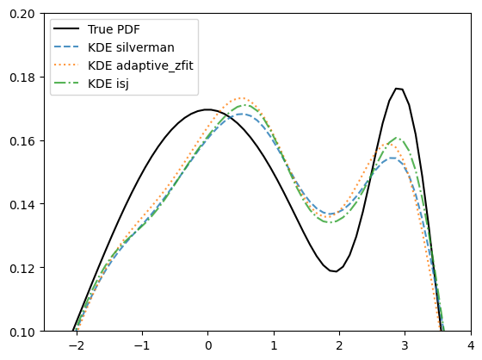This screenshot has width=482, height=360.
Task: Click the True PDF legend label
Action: click(114, 29)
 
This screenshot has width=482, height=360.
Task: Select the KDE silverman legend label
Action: click(131, 47)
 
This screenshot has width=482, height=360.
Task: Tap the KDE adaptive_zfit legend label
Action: click(140, 65)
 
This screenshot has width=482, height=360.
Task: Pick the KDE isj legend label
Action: click(108, 84)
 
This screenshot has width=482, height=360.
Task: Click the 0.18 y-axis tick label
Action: click(22, 78)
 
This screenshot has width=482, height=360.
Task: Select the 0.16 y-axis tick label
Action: click(22, 141)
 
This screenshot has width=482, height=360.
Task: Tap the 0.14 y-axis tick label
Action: click(22, 204)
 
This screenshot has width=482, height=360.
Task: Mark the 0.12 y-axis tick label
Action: click(22, 268)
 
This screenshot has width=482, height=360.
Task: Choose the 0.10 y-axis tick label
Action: click(22, 332)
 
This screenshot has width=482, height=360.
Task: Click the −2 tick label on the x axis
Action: click(77, 346)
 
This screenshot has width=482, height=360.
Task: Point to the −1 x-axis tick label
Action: click(142, 346)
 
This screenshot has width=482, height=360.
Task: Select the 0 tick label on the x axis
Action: click(208, 346)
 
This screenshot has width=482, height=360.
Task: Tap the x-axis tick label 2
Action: click(339, 346)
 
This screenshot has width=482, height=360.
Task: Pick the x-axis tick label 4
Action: click(471, 346)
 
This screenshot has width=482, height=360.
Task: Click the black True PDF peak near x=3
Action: click(397, 89)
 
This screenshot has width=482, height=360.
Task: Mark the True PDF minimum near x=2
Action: click(336, 271)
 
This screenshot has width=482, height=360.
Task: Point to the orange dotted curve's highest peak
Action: click(242, 98)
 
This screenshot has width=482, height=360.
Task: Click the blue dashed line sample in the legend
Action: click(66, 47)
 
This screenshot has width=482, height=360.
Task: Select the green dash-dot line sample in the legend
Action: click(66, 83)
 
